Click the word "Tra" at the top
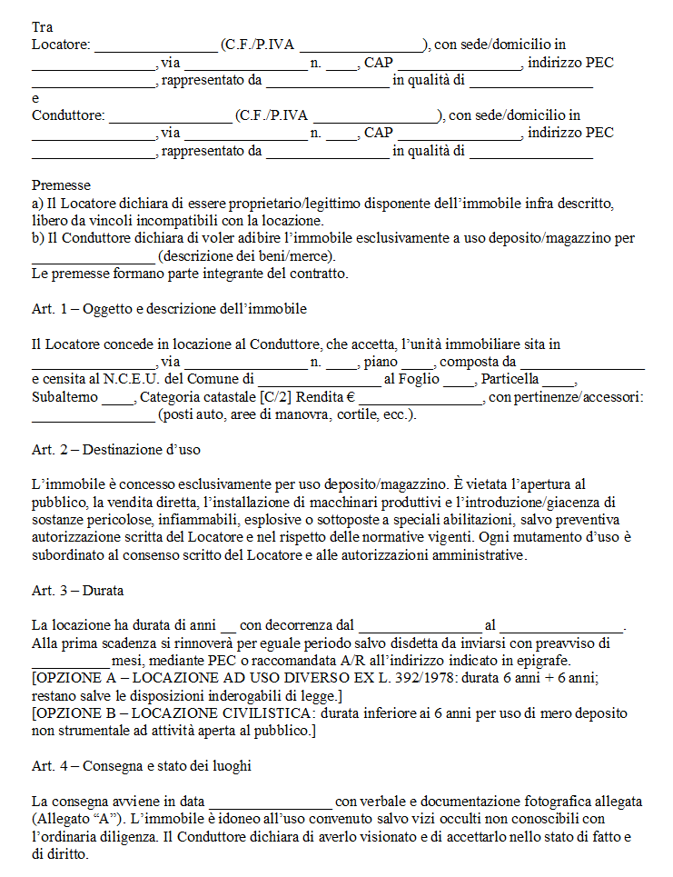(42, 27)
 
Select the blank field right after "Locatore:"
(155, 45)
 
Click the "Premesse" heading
(61, 185)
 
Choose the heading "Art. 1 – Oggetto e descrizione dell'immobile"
(169, 309)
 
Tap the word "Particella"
(510, 379)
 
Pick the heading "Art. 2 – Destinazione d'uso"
(115, 450)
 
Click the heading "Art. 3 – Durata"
(77, 591)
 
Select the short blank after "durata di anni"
(228, 626)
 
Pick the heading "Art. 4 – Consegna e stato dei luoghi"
(141, 766)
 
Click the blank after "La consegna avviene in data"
(271, 802)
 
